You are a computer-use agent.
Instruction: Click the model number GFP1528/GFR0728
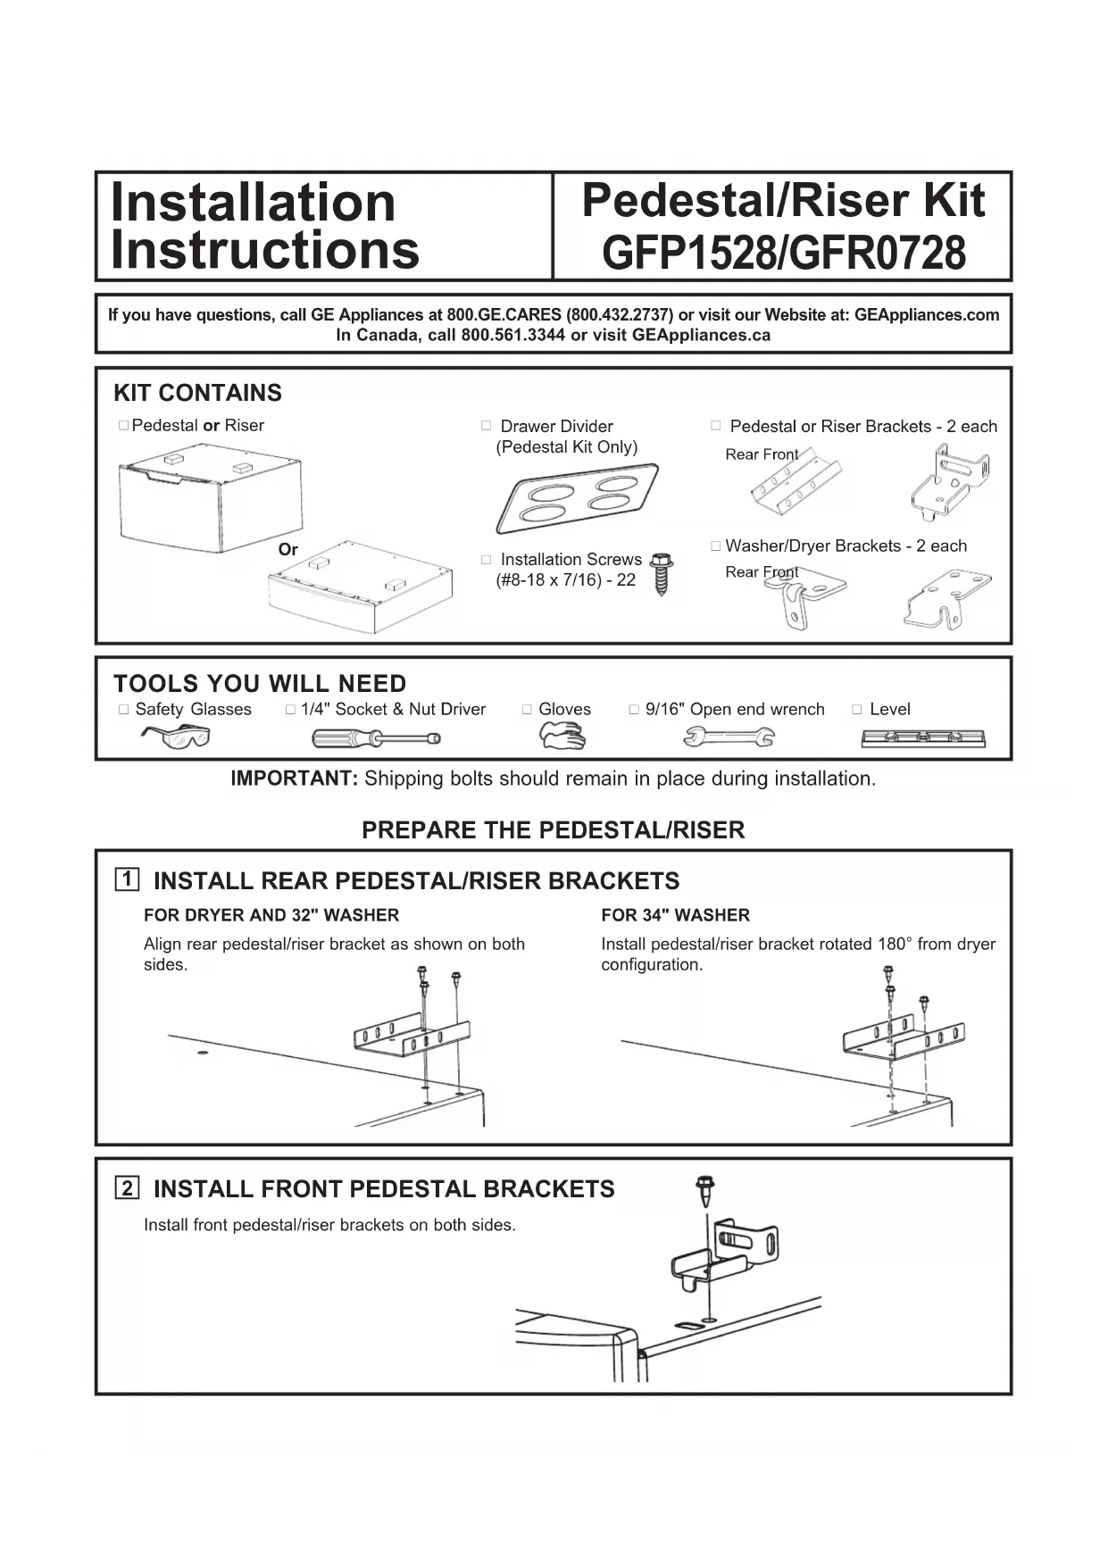pyautogui.click(x=783, y=253)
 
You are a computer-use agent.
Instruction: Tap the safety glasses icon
pyautogui.click(x=176, y=737)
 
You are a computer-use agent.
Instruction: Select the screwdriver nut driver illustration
pyautogui.click(x=376, y=738)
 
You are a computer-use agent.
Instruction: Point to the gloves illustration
pyautogui.click(x=562, y=736)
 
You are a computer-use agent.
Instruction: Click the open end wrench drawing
pyautogui.click(x=729, y=737)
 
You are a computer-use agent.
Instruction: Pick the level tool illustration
pyautogui.click(x=923, y=738)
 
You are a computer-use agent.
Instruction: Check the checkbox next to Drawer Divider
pyautogui.click(x=487, y=426)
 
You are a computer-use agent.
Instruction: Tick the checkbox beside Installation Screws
pyautogui.click(x=487, y=560)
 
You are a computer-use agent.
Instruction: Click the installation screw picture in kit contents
pyautogui.click(x=661, y=573)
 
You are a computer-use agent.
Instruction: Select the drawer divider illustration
pyautogui.click(x=578, y=498)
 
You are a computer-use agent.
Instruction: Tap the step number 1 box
pyautogui.click(x=128, y=879)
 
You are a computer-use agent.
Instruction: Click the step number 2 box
pyautogui.click(x=128, y=1187)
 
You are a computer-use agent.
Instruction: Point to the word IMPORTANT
pyautogui.click(x=294, y=779)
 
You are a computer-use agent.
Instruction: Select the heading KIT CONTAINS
pyautogui.click(x=197, y=393)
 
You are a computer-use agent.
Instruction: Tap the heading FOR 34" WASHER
pyautogui.click(x=675, y=915)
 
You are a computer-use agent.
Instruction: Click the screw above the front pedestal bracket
pyautogui.click(x=705, y=1188)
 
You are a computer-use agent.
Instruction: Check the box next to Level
pyautogui.click(x=857, y=710)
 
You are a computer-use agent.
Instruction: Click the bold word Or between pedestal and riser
pyautogui.click(x=287, y=550)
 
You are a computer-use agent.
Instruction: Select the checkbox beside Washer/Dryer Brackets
pyautogui.click(x=716, y=546)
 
